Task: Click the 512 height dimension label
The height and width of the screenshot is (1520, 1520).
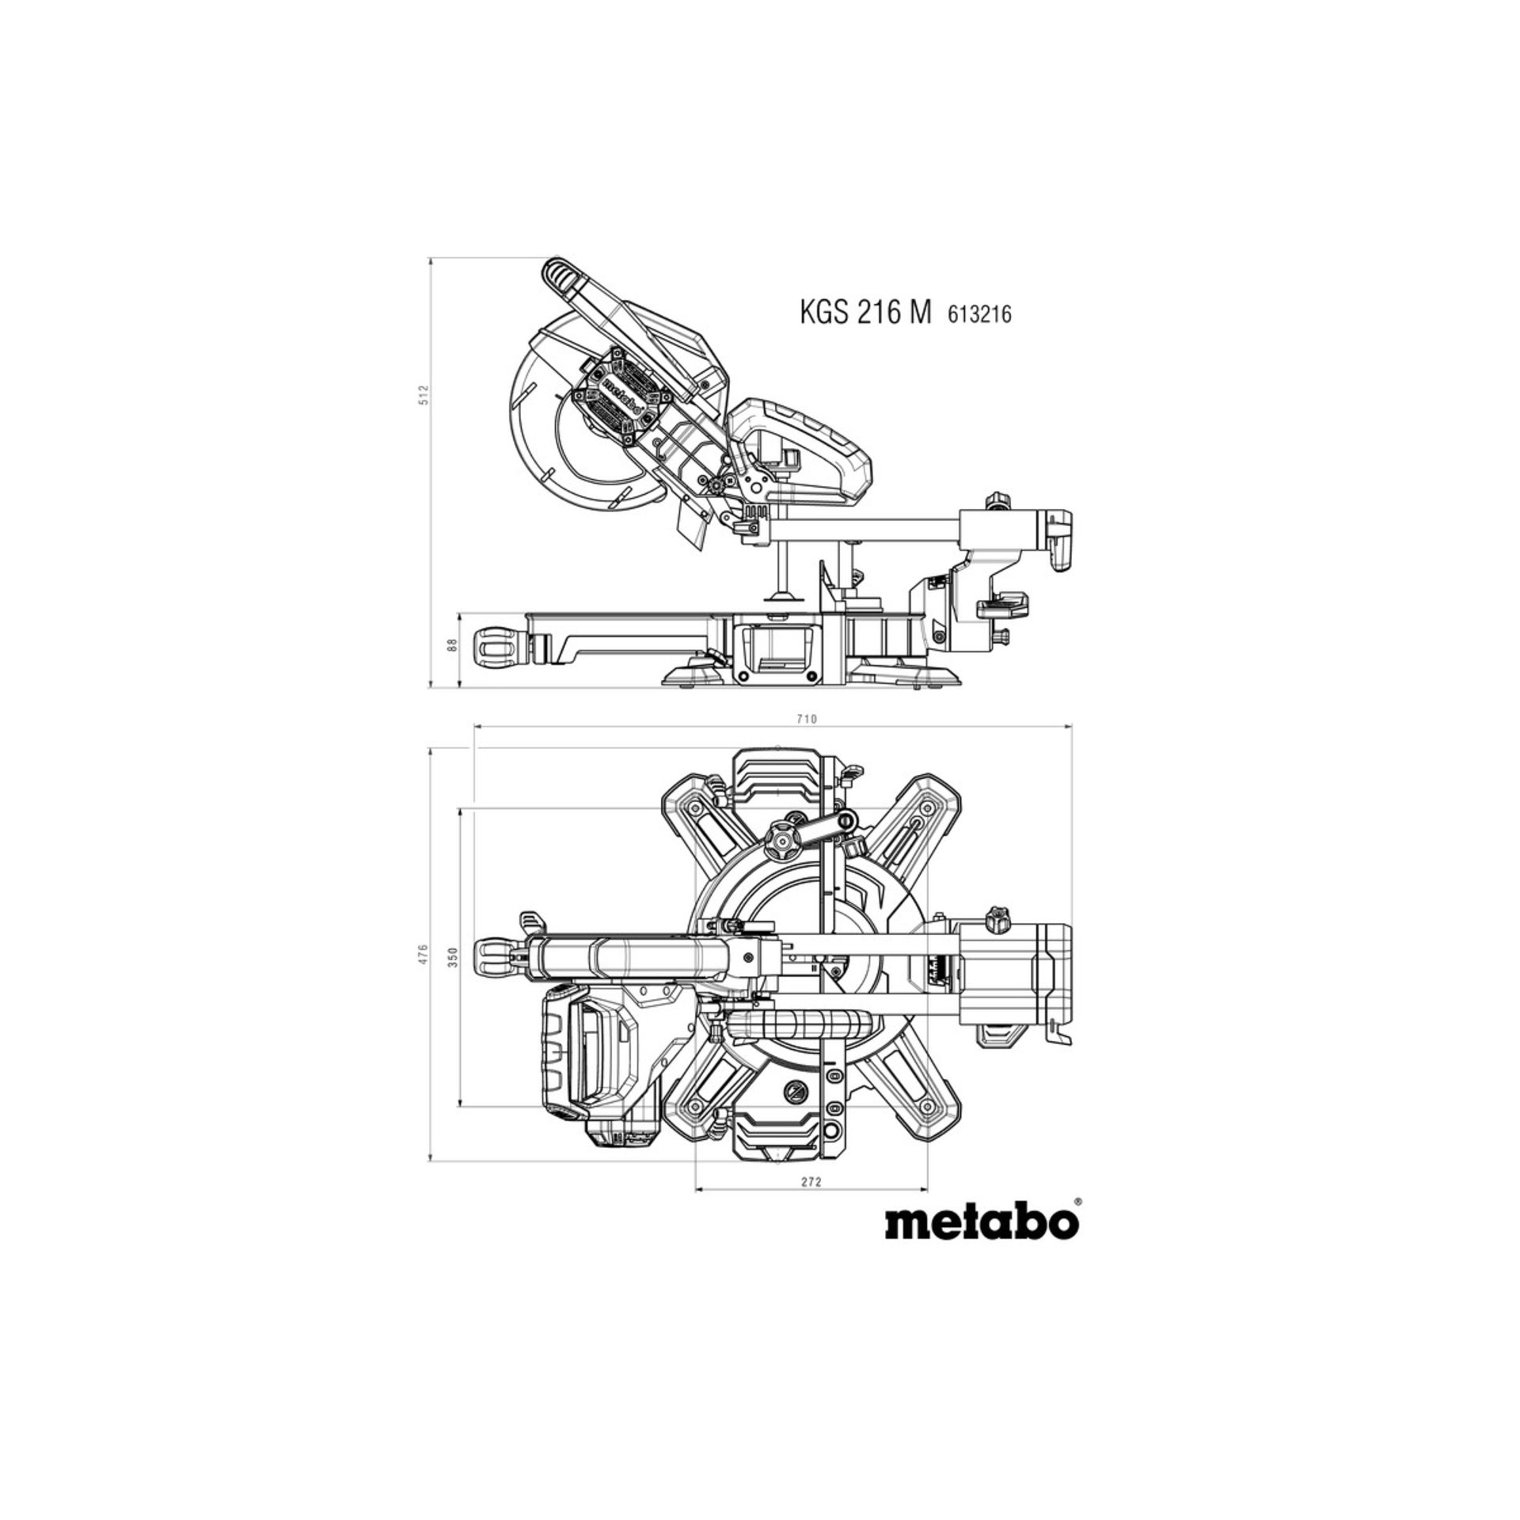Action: tap(424, 394)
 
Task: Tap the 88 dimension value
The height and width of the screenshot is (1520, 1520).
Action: tap(453, 644)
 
